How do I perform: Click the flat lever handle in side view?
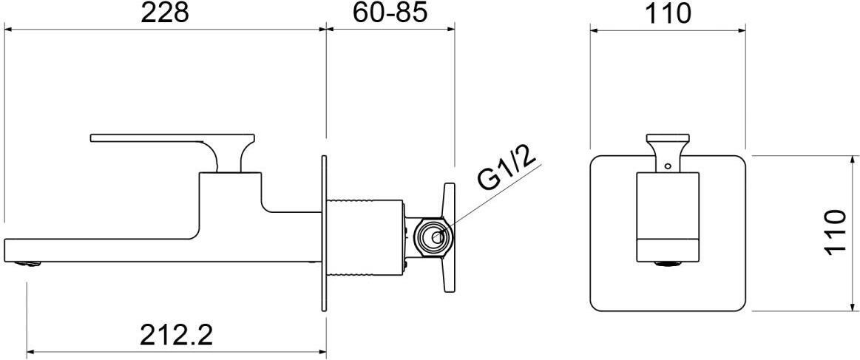(x=148, y=137)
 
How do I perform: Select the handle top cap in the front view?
(x=668, y=137)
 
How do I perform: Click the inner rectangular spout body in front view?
(x=668, y=214)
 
